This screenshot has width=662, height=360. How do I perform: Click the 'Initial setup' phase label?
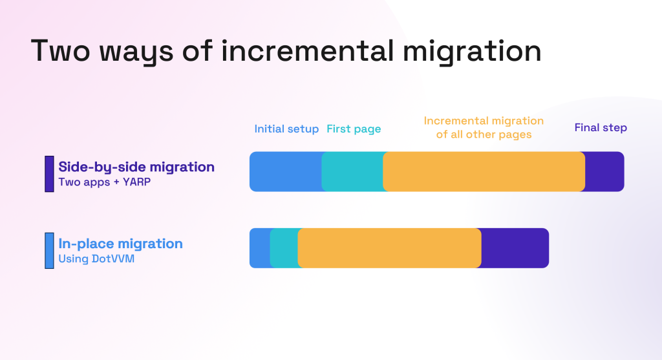point(286,129)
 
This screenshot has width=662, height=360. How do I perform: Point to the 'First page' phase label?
point(354,129)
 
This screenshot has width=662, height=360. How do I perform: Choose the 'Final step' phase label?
point(601,127)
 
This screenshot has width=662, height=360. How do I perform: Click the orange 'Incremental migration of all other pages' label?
point(484,127)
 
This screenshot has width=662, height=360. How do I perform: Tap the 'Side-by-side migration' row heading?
point(136,167)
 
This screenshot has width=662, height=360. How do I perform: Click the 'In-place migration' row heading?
point(121,244)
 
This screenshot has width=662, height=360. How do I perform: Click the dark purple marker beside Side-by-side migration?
point(49,173)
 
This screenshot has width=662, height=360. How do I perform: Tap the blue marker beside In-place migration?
point(49,250)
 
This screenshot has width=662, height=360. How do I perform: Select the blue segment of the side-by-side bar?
point(285,171)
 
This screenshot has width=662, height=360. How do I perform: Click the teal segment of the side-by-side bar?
point(352,171)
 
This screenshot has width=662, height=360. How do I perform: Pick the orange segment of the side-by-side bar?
point(484,171)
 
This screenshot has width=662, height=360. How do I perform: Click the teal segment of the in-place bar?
point(284,248)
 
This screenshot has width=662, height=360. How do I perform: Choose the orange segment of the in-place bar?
point(389,248)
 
